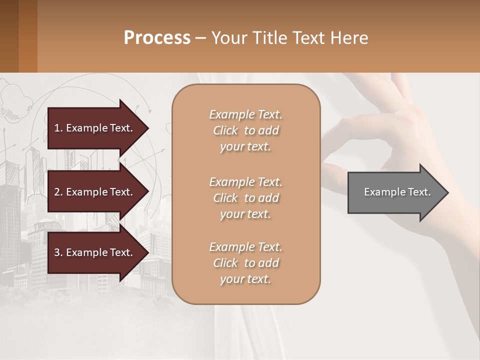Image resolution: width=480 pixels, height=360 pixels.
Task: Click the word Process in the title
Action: [x=157, y=38]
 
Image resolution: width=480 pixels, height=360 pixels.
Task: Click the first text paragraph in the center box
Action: [x=245, y=130]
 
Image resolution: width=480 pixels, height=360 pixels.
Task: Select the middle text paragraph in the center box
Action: [x=245, y=198]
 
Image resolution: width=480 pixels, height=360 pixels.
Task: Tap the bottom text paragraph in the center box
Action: [x=245, y=263]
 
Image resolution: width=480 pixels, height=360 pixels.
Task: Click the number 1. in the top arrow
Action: [x=58, y=128]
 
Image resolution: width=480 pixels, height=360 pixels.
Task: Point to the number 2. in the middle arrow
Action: [x=58, y=192]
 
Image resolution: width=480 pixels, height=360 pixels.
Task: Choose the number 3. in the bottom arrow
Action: [x=58, y=252]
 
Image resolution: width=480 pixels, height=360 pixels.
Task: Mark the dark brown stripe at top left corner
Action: [x=9, y=36]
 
